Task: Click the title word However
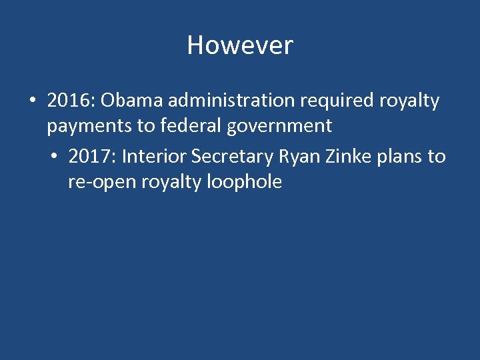(240, 45)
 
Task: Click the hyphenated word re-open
(102, 182)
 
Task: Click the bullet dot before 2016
(32, 101)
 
